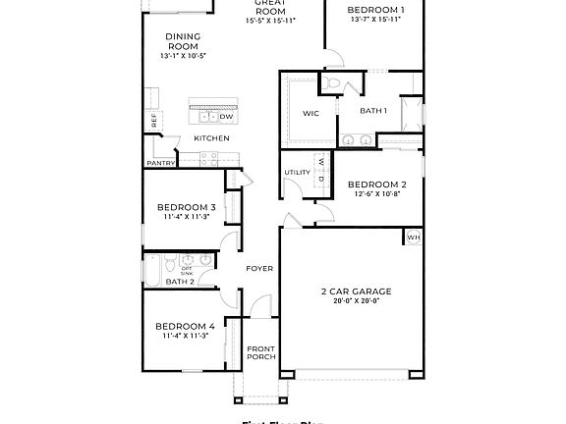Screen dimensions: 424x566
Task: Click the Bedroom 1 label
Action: point(376,9)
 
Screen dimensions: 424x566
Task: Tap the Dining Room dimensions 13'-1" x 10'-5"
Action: point(183,57)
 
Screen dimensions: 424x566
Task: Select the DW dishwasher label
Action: point(226,117)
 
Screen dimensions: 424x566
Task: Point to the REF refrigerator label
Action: point(154,120)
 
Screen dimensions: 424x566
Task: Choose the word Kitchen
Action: point(211,138)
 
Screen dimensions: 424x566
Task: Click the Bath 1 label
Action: point(373,111)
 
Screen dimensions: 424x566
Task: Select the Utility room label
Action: point(297,174)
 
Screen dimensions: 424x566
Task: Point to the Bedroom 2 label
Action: point(376,184)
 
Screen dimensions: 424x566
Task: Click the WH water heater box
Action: point(414,237)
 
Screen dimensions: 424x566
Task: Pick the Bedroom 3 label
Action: point(186,207)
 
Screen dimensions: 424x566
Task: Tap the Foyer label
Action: point(259,268)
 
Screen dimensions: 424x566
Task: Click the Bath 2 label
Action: point(180,282)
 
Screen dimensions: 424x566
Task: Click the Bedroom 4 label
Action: point(185,326)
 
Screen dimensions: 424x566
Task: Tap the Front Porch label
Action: point(260,352)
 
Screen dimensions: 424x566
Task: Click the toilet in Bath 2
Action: point(169,265)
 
